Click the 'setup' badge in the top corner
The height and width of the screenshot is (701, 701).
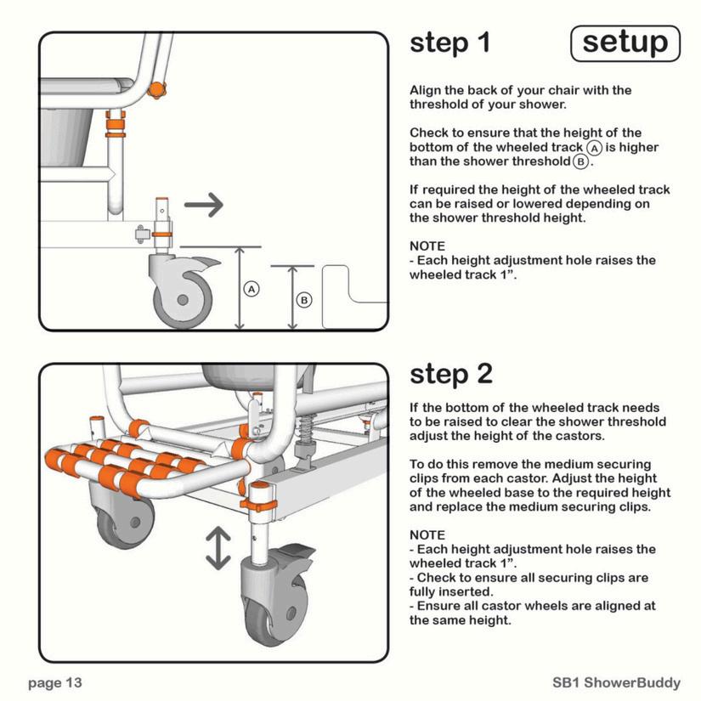click(625, 42)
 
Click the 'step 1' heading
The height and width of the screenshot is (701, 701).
click(449, 42)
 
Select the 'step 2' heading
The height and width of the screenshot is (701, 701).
click(451, 374)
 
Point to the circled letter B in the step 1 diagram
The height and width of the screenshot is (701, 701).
click(304, 300)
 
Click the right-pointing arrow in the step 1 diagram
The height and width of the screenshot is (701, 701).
click(204, 204)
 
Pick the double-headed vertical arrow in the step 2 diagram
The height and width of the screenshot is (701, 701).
click(218, 548)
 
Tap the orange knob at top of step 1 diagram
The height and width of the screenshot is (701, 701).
click(157, 88)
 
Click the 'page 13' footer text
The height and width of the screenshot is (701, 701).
click(55, 682)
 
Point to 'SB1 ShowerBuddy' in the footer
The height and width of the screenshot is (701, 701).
click(616, 682)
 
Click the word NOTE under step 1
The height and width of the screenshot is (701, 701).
click(427, 246)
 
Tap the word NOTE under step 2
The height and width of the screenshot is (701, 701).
click(427, 535)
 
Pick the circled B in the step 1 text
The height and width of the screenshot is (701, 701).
click(580, 161)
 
